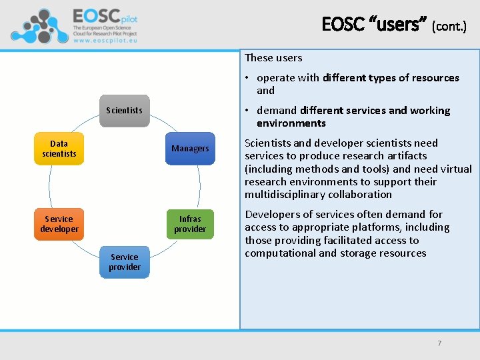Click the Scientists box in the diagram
(125, 110)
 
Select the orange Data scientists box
(59, 149)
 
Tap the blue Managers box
(190, 148)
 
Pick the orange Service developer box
(59, 224)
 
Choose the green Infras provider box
(190, 224)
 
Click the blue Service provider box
(125, 262)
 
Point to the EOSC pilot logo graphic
(39, 25)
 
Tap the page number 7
(439, 343)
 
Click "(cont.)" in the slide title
(449, 26)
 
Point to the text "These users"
(273, 58)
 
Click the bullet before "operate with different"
(248, 78)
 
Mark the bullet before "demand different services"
(248, 111)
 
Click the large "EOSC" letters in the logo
(97, 15)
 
